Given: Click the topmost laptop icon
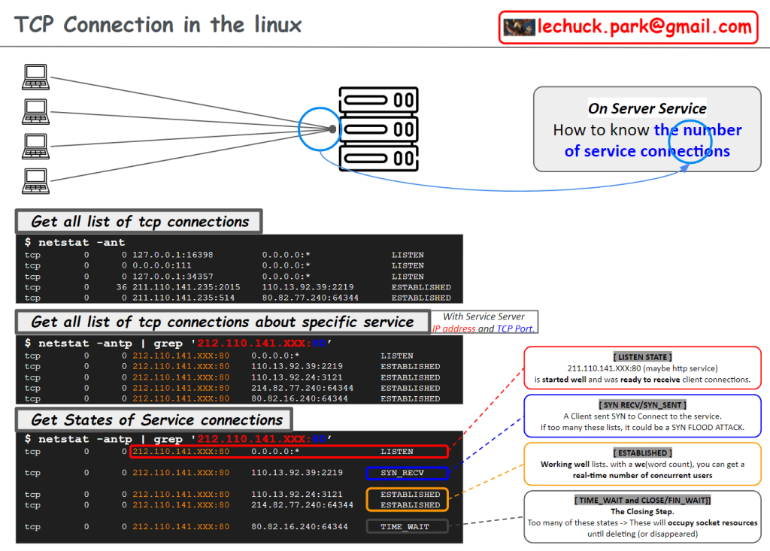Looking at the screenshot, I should pyautogui.click(x=34, y=76).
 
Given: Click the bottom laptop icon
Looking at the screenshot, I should pyautogui.click(x=34, y=180).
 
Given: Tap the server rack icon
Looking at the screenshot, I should pyautogui.click(x=377, y=129).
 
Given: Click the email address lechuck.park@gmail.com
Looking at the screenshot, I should pyautogui.click(x=644, y=27).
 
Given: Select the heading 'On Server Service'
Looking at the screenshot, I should pyautogui.click(x=647, y=108).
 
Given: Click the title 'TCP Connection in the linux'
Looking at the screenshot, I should pyautogui.click(x=158, y=25).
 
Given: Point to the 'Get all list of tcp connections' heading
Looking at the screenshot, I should pyautogui.click(x=140, y=222).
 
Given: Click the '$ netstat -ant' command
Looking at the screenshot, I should pyautogui.click(x=74, y=243).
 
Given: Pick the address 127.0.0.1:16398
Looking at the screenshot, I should pyautogui.click(x=172, y=255).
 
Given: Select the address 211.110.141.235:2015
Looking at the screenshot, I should pyautogui.click(x=186, y=287).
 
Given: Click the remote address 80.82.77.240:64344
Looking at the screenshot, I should pyautogui.click(x=310, y=298).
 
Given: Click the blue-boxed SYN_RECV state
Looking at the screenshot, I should pyautogui.click(x=407, y=473).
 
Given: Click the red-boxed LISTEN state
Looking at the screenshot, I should pyautogui.click(x=396, y=452).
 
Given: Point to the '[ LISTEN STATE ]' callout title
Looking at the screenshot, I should pyautogui.click(x=641, y=356).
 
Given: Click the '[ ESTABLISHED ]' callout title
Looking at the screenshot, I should pyautogui.click(x=642, y=453).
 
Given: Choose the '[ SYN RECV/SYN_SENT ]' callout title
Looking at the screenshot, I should pyautogui.click(x=643, y=404).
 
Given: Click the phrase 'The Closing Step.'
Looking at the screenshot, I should pyautogui.click(x=642, y=511).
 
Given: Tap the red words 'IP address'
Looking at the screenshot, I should pyautogui.click(x=453, y=328).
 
